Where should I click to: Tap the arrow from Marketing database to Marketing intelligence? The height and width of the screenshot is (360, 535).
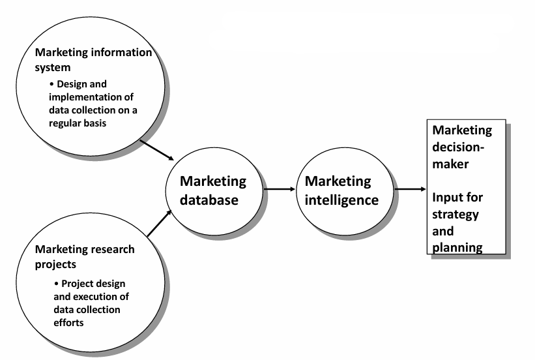[x=280, y=190]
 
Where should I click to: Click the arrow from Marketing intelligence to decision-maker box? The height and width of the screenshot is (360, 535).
[x=411, y=190]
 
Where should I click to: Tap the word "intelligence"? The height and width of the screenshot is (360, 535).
[x=341, y=200]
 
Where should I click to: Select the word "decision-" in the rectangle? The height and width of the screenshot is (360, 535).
[x=462, y=145]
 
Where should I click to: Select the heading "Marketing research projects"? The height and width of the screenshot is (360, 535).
[x=85, y=256]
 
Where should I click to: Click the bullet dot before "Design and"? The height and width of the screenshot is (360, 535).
[x=52, y=84]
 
